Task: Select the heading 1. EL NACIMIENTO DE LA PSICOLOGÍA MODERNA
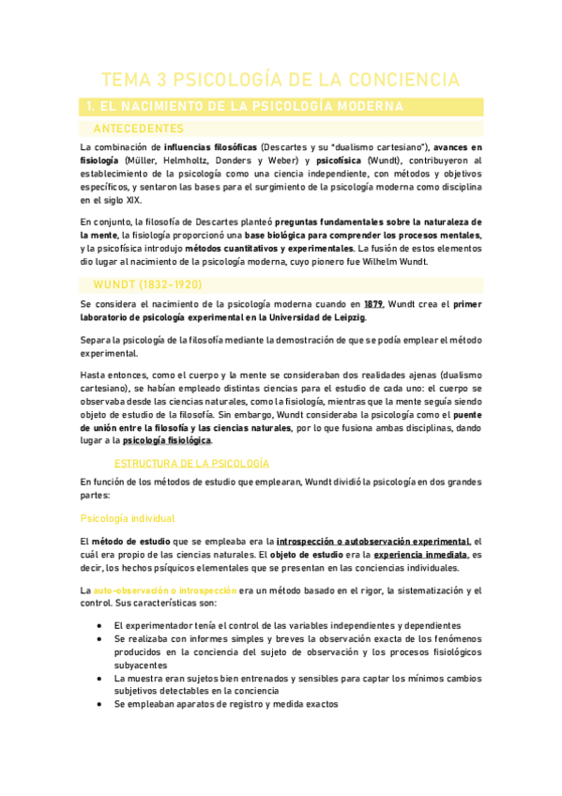pos(242,107)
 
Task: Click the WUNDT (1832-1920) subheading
pos(147,283)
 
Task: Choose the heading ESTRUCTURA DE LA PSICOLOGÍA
pos(191,464)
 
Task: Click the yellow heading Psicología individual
pos(127,517)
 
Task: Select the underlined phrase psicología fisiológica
pos(167,440)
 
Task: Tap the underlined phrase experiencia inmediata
pos(421,554)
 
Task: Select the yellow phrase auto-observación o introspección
pos(162,589)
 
